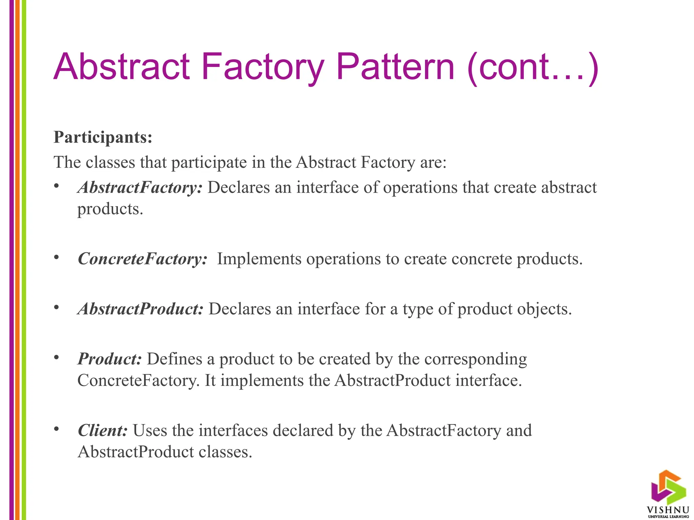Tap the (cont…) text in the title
[x=532, y=67]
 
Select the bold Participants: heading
[x=103, y=137]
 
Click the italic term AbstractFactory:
[x=140, y=187]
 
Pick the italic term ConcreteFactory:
[x=142, y=259]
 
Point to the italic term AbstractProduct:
[x=140, y=309]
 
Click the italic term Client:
[x=103, y=430]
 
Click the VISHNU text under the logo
[x=668, y=510]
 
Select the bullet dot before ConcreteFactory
[x=57, y=257]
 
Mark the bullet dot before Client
[x=57, y=429]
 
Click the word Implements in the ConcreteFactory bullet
[x=259, y=259]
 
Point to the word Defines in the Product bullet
[x=174, y=359]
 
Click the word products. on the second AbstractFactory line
[x=110, y=209]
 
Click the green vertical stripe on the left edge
[x=24, y=260]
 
